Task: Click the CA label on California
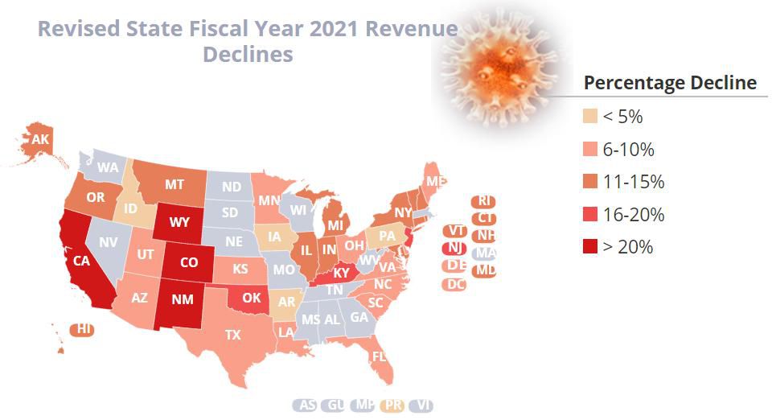(81, 261)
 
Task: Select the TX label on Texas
(233, 334)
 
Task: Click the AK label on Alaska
(40, 140)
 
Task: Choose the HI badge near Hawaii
(82, 329)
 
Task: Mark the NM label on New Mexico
(183, 298)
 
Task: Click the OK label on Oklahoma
(252, 298)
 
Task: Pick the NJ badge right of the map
(456, 248)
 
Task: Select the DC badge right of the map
(456, 283)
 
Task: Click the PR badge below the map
(393, 406)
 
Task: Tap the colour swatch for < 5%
(589, 117)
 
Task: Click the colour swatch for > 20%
(589, 247)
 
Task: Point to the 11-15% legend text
(634, 182)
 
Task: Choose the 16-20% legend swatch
(589, 215)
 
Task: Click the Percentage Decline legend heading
(670, 83)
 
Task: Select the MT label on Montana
(175, 184)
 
